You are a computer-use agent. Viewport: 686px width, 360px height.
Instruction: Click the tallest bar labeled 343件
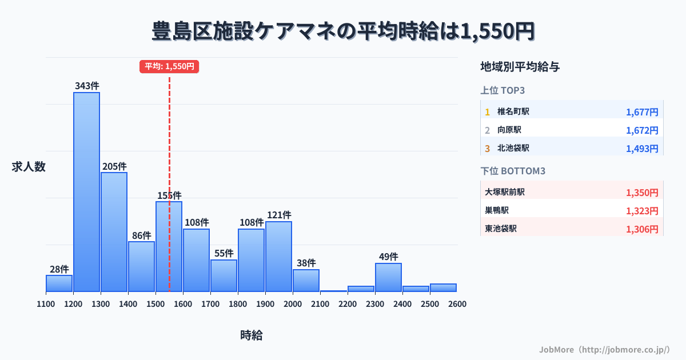(86, 192)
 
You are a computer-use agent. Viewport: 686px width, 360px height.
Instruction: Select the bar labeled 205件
(114, 232)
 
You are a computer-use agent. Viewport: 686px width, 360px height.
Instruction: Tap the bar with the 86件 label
(141, 266)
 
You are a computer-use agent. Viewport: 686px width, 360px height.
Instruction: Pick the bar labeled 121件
(278, 257)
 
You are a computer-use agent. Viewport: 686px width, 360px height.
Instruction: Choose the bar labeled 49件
(388, 277)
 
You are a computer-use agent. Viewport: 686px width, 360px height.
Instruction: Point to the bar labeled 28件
(59, 283)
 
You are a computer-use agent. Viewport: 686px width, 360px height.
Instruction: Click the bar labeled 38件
(306, 281)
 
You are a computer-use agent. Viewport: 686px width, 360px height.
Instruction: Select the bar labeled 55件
(224, 275)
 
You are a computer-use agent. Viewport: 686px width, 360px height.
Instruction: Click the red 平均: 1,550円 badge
(169, 66)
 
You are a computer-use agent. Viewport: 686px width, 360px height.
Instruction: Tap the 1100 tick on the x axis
(46, 304)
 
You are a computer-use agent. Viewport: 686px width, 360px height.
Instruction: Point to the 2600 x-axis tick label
(457, 304)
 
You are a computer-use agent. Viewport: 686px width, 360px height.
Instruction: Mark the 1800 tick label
(238, 304)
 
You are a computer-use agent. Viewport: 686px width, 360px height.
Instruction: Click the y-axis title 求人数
(29, 167)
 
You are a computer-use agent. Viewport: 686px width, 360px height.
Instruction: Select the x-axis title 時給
(252, 335)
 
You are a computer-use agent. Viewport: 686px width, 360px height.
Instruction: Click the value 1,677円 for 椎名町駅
(642, 112)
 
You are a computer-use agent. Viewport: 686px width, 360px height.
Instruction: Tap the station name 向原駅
(509, 130)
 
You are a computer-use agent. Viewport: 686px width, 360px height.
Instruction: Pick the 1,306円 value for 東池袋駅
(642, 229)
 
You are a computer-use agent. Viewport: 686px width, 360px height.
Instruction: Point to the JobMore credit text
(604, 349)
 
